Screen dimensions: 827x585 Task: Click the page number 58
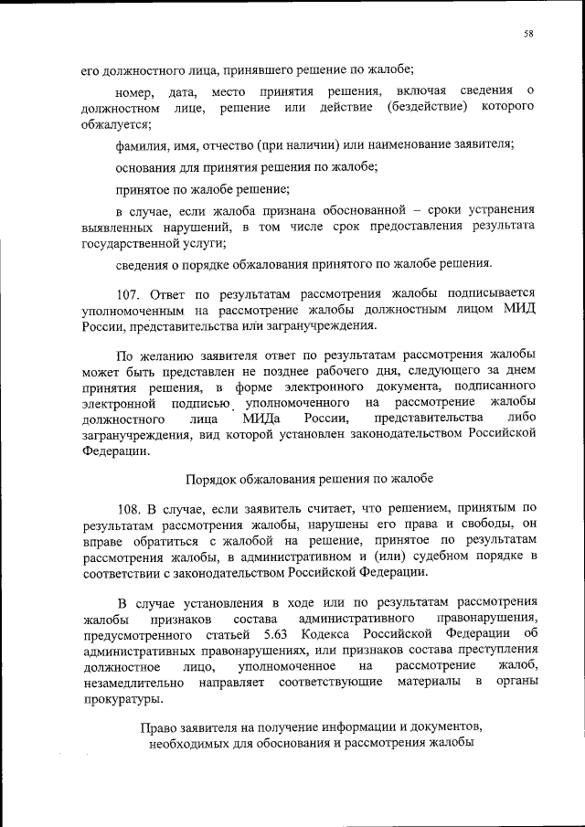pos(528,35)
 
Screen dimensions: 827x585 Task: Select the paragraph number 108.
pos(131,508)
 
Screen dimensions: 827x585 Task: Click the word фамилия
pos(143,144)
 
